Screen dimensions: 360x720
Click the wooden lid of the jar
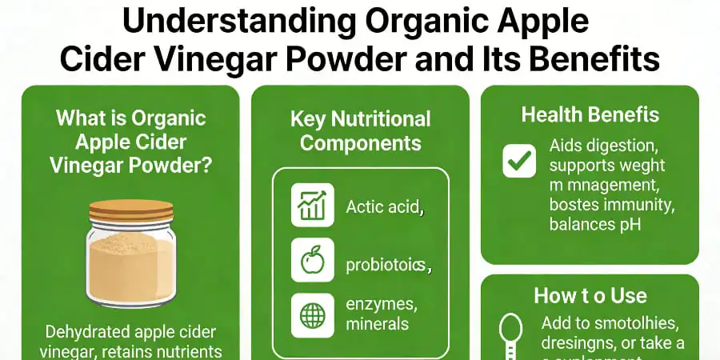131,210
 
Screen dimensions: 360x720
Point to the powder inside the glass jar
131,268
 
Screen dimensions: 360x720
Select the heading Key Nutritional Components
360,132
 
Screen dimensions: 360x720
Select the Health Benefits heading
590,114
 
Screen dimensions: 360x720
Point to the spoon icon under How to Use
510,332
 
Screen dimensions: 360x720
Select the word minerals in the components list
377,324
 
